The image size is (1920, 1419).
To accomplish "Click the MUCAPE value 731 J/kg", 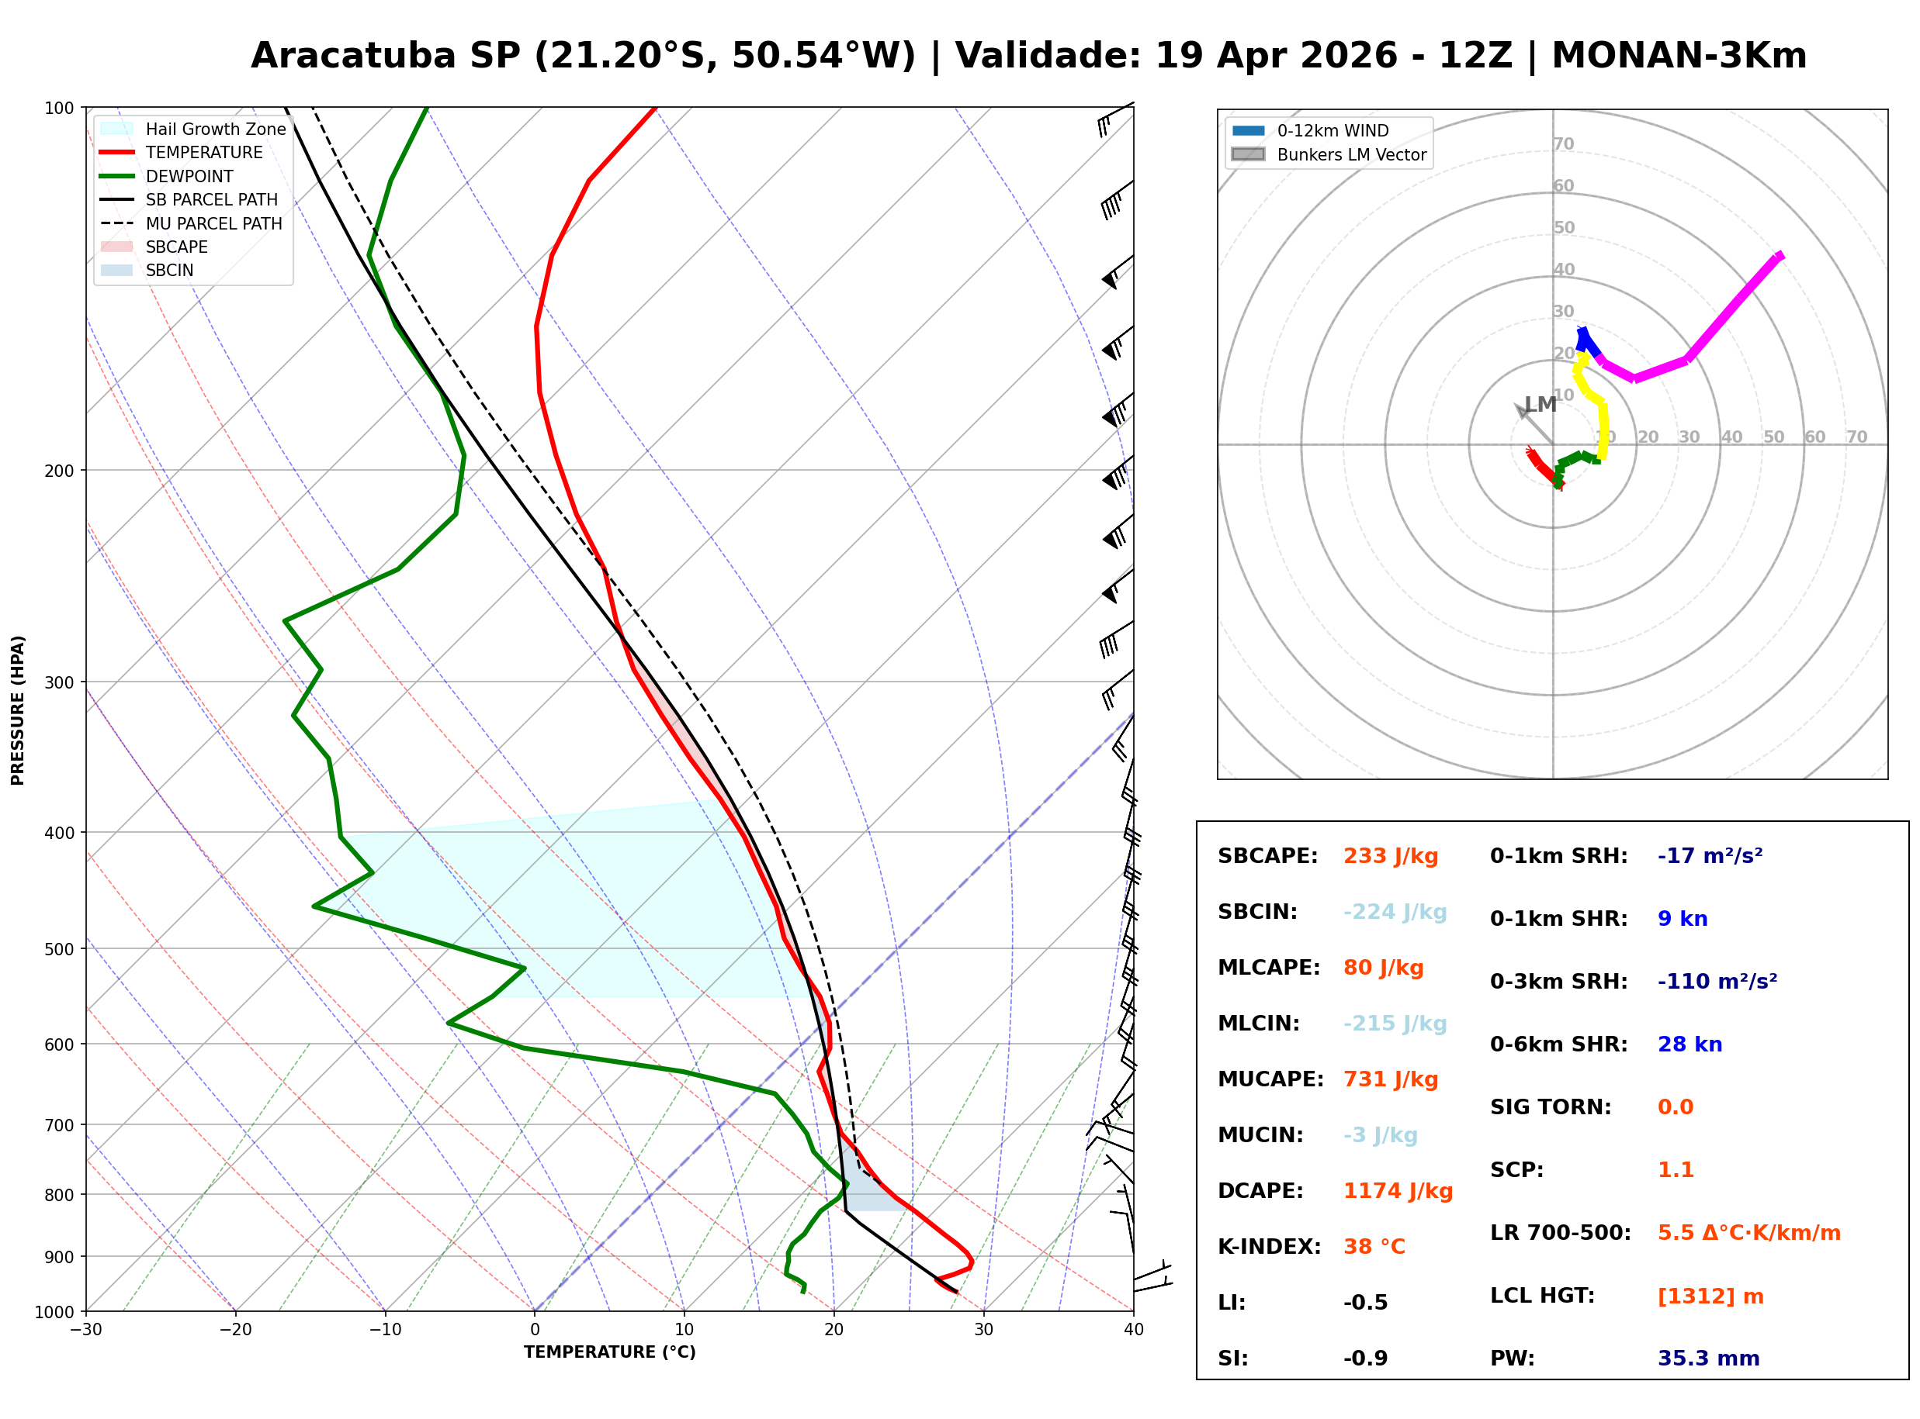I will click(x=1390, y=1079).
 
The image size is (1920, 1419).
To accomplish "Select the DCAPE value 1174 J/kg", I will click(x=1398, y=1190).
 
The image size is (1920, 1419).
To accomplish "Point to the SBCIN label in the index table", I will click(x=1256, y=911).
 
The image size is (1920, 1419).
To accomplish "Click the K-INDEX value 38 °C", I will click(x=1374, y=1246).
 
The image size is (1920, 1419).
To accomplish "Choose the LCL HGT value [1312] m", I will click(x=1710, y=1296).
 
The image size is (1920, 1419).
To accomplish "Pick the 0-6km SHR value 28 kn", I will click(x=1689, y=1044).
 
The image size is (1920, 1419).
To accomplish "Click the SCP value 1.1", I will click(x=1675, y=1170).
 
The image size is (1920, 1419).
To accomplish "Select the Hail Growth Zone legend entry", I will click(x=215, y=129).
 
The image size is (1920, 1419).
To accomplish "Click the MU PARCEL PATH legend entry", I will click(x=213, y=223).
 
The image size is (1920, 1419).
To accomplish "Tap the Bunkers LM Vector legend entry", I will click(x=1350, y=154).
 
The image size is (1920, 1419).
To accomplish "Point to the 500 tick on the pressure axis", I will click(x=58, y=949).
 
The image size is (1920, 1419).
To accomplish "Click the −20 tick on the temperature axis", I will click(x=235, y=1330).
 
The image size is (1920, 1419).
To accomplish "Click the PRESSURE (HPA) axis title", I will click(x=18, y=709).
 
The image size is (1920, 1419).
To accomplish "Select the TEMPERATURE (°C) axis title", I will click(x=609, y=1352).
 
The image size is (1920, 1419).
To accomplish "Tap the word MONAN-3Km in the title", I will click(x=1679, y=56).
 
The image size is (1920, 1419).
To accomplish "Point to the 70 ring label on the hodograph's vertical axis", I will click(x=1563, y=144).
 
